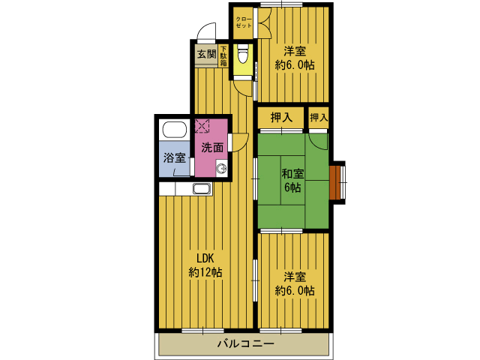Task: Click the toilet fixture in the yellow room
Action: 243,53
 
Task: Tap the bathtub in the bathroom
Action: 175,130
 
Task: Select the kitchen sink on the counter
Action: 202,188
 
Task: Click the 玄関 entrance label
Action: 207,54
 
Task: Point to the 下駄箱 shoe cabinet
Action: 223,56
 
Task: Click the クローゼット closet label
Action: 244,22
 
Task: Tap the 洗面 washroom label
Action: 212,148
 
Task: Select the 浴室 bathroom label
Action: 175,158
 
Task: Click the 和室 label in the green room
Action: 292,173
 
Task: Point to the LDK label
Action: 205,259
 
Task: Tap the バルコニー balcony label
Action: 246,343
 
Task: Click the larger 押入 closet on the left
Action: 281,118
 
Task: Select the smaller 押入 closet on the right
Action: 318,118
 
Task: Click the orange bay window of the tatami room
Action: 335,182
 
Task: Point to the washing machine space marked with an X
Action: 202,126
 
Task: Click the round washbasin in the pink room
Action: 222,169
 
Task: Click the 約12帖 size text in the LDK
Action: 205,271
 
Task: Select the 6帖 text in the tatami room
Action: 292,187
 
